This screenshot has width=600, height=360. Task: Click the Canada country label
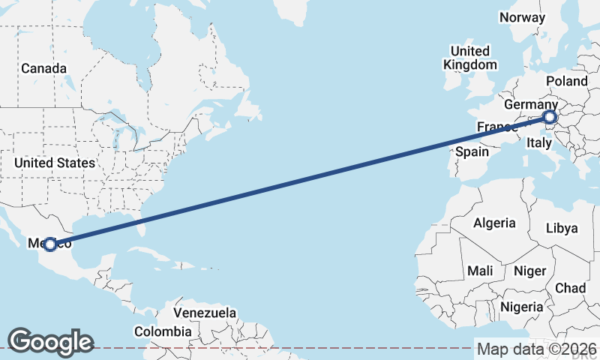pyautogui.click(x=43, y=68)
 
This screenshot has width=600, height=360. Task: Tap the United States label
pyautogui.click(x=55, y=163)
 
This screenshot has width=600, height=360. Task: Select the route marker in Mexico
pyautogui.click(x=50, y=244)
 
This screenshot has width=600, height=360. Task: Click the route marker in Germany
pyautogui.click(x=550, y=117)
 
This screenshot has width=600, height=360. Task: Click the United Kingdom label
pyautogui.click(x=470, y=58)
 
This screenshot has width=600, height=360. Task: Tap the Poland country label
pyautogui.click(x=567, y=81)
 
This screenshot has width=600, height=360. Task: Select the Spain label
pyautogui.click(x=472, y=151)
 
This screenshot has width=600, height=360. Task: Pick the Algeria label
pyautogui.click(x=494, y=223)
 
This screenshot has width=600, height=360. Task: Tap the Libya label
pyautogui.click(x=562, y=228)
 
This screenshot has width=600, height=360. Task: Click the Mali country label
pyautogui.click(x=480, y=270)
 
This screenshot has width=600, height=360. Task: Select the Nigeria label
pyautogui.click(x=521, y=307)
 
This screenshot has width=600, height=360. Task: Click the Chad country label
pyautogui.click(x=570, y=288)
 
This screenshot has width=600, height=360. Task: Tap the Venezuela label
pyautogui.click(x=205, y=313)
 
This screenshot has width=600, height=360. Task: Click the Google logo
pyautogui.click(x=50, y=342)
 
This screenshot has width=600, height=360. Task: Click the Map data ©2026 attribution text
pyautogui.click(x=537, y=349)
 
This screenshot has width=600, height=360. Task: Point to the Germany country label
pyautogui.click(x=530, y=104)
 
